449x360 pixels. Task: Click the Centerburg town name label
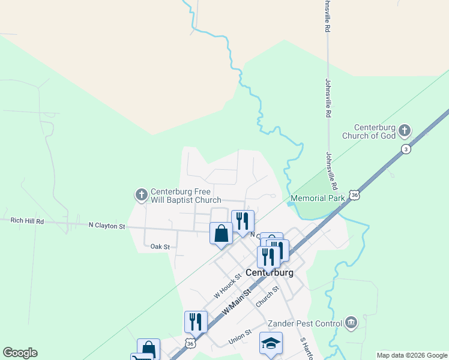pos(270,272)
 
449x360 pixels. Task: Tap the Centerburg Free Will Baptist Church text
pos(186,195)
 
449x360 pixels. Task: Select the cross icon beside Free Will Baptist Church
pos(142,194)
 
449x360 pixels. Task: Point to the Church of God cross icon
pos(405,130)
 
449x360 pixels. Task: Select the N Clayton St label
pos(106,226)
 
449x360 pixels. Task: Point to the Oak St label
pos(160,247)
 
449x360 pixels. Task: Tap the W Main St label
pos(236,301)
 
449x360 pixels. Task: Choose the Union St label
pos(240,340)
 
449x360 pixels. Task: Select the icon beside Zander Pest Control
pos(351,323)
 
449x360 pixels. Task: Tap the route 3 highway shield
pos(406,149)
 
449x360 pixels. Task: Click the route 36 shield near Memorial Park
pos(355,196)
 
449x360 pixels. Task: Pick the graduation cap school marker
pos(271,344)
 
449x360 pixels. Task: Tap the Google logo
pos(20,353)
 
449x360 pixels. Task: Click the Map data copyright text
pos(412,355)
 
